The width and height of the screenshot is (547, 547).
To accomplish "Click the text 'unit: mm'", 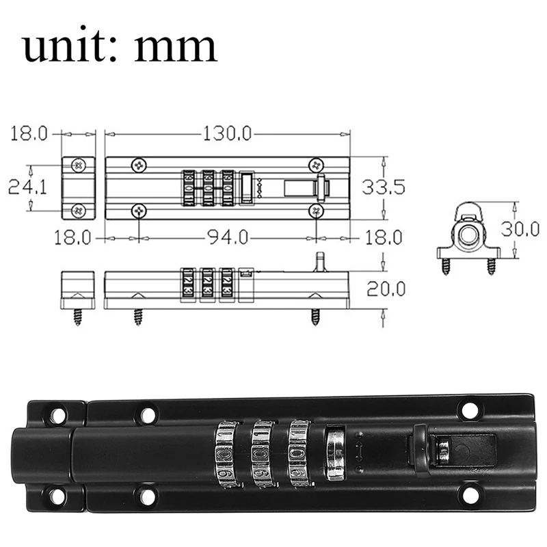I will tap(120, 46).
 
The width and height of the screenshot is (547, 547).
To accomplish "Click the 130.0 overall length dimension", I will tap(226, 133).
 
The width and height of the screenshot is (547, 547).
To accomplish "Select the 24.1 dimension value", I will tap(27, 187).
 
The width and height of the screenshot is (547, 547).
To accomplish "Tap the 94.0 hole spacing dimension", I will tap(226, 237).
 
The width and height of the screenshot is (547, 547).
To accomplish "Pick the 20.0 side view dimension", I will tap(386, 289).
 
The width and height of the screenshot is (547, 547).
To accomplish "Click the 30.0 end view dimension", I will tap(520, 228).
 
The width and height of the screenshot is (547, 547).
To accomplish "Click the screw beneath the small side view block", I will tap(77, 317).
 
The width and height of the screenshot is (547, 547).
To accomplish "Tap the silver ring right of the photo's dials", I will tap(335, 453).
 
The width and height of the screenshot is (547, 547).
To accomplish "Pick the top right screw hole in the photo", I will tap(469, 410).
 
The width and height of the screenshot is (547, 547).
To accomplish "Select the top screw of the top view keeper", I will tap(79, 165).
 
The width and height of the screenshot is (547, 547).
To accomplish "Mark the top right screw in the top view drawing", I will tap(316, 164).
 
